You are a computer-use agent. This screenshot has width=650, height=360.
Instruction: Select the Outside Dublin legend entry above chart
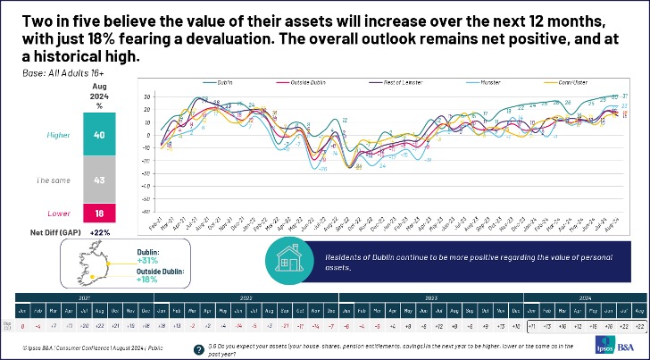[x=309, y=83]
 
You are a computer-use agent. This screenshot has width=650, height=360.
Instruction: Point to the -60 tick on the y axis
[x=145, y=213]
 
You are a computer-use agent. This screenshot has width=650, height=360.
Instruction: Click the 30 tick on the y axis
[x=145, y=96]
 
